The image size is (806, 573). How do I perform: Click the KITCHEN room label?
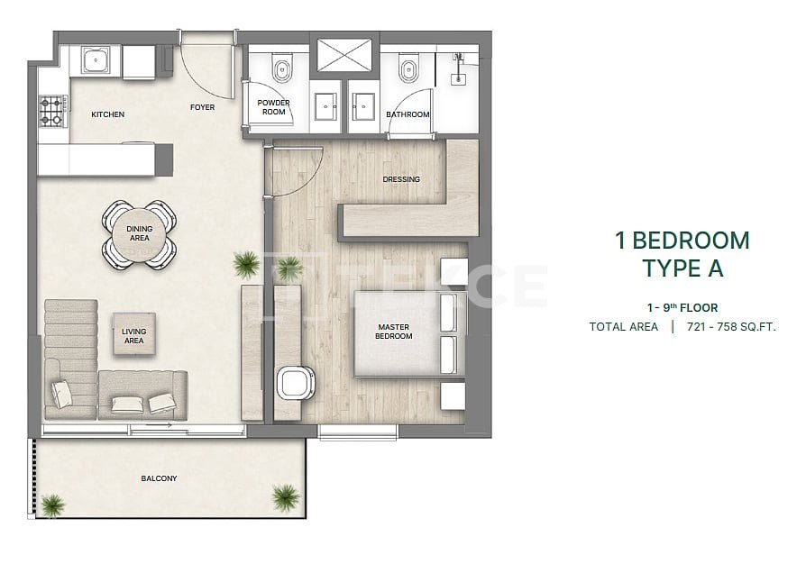[107, 114]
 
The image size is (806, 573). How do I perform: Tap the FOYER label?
[203, 107]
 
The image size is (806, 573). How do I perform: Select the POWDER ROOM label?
[273, 107]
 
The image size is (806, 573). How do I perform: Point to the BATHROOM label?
[408, 114]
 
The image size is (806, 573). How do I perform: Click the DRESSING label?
[401, 179]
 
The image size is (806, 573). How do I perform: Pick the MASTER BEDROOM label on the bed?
[394, 332]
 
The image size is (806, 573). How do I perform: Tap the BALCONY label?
[159, 478]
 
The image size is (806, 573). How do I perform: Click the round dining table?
[140, 234]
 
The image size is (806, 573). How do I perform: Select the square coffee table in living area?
[134, 334]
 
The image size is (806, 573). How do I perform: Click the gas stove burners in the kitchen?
[52, 112]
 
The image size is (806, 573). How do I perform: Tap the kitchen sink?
[96, 59]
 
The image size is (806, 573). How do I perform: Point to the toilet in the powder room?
[282, 68]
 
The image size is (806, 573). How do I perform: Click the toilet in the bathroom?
[408, 68]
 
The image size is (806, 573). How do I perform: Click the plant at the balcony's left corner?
[53, 505]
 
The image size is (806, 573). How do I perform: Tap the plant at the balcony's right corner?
[286, 496]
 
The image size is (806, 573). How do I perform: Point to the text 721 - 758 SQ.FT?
[731, 327]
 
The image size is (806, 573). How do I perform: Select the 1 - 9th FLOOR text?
[682, 308]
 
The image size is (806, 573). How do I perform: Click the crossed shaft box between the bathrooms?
[344, 54]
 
